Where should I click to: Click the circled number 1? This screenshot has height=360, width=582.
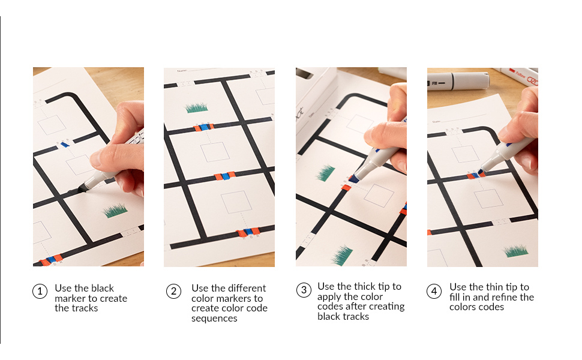pyautogui.click(x=40, y=292)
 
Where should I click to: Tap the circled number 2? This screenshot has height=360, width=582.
pyautogui.click(x=173, y=292)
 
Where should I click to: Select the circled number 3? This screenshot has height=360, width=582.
pyautogui.click(x=304, y=290)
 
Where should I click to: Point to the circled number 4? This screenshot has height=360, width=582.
pyautogui.click(x=434, y=292)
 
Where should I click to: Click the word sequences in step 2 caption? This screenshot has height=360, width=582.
pyautogui.click(x=214, y=319)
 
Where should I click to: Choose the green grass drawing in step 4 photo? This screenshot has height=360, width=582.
pyautogui.click(x=515, y=250)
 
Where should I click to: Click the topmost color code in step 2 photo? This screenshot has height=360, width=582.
pyautogui.click(x=203, y=128)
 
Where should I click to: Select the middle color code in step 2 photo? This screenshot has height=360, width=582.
pyautogui.click(x=226, y=176)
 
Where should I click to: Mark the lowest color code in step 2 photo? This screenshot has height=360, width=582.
pyautogui.click(x=248, y=232)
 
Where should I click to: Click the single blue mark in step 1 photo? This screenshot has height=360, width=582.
pyautogui.click(x=65, y=145)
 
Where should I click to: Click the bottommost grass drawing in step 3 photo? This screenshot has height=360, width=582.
pyautogui.click(x=342, y=256)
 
